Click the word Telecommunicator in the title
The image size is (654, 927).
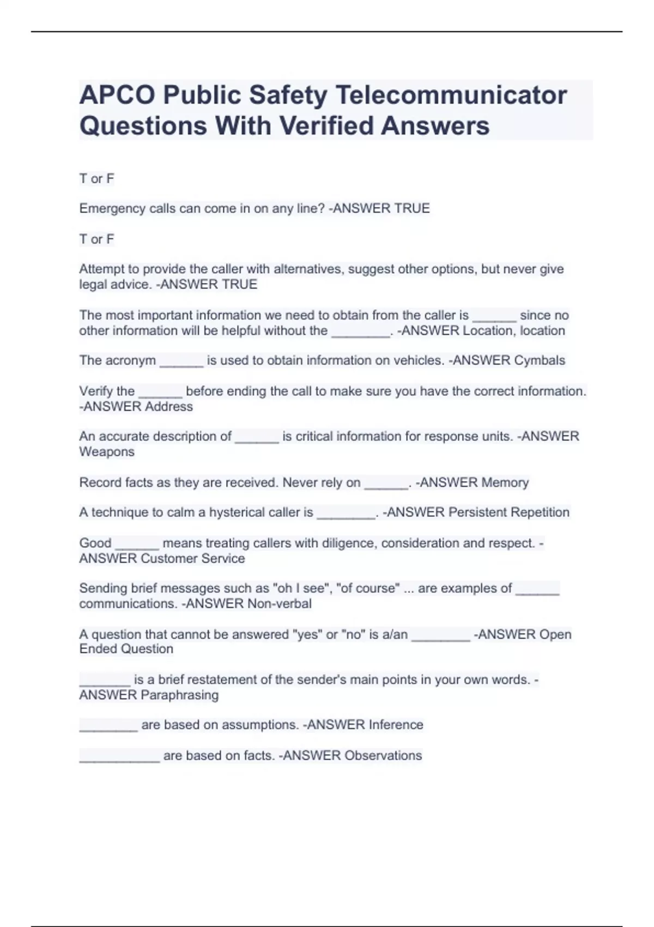click(x=451, y=95)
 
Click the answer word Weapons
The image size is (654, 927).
click(x=107, y=452)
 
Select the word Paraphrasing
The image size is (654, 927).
click(x=179, y=695)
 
